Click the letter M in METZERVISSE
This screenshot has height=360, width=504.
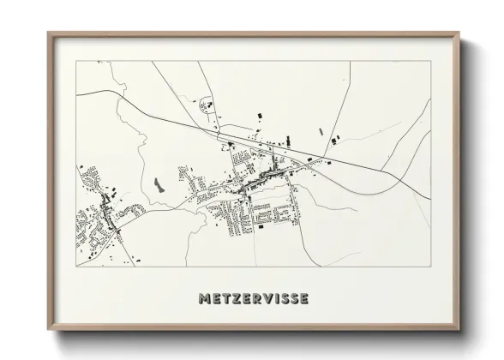click(204, 299)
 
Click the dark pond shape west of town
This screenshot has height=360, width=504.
click(156, 184)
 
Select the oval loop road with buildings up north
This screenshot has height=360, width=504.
click(206, 105)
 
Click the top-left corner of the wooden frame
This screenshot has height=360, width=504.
click(48, 33)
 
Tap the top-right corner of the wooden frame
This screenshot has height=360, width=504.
click(459, 33)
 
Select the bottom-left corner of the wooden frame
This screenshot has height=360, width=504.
click(48, 332)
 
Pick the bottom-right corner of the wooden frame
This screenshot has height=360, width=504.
click(459, 332)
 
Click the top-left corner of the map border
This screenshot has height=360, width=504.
click(77, 61)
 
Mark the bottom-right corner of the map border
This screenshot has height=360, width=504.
click(430, 266)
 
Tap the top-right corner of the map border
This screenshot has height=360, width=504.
click(430, 61)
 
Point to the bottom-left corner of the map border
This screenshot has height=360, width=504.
click(77, 266)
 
